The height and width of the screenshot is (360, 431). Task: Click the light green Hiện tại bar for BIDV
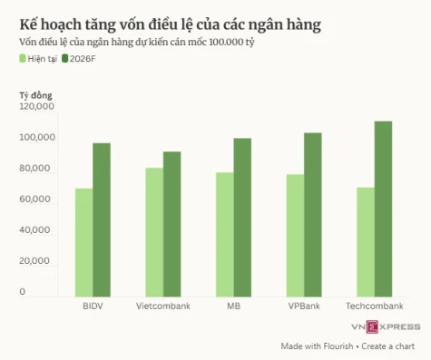click(83, 242)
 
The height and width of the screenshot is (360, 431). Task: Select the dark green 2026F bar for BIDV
click(102, 219)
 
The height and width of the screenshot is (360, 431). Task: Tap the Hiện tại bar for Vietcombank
click(154, 232)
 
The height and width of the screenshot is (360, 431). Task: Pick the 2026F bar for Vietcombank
click(172, 224)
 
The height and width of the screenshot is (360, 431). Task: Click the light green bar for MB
click(225, 234)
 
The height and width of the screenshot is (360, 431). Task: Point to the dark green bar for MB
click(242, 218)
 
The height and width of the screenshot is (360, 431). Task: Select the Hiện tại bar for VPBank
click(296, 235)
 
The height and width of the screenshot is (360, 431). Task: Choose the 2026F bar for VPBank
click(313, 215)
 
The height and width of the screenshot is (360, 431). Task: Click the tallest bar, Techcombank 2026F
click(384, 209)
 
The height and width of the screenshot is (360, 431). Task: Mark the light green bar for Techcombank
click(366, 242)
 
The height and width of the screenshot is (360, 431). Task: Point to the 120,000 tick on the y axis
click(37, 107)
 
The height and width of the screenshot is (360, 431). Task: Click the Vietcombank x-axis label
click(163, 306)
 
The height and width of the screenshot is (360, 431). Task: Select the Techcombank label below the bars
click(375, 306)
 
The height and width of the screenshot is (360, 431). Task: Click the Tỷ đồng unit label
click(37, 94)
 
